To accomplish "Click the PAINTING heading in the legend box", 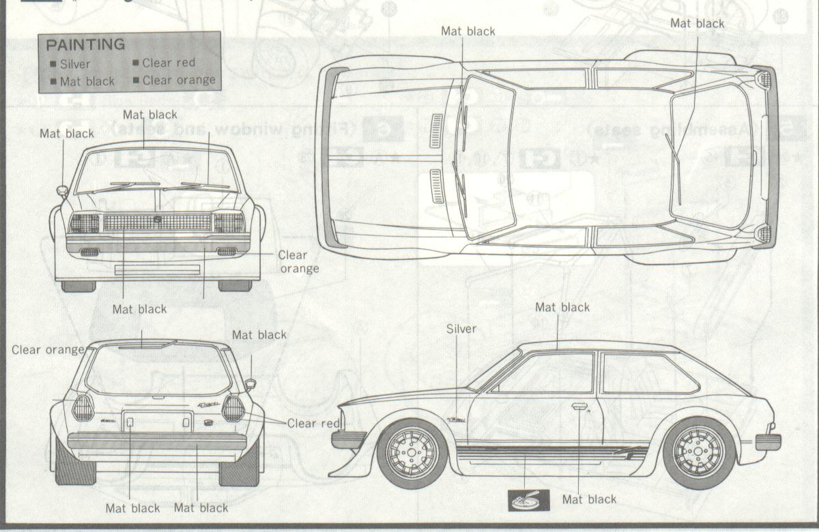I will (x=85, y=45).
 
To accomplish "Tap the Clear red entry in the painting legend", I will (x=168, y=63).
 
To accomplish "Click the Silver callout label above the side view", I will (x=461, y=329).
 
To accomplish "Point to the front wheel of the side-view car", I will (x=412, y=454).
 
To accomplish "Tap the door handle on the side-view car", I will (x=579, y=407).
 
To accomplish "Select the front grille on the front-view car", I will (x=157, y=222).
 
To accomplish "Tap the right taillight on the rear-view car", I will (x=233, y=408).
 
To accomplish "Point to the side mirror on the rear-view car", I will (x=250, y=384).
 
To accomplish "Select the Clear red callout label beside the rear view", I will (x=313, y=424).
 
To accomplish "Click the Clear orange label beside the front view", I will (x=299, y=261).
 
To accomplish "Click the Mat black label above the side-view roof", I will (x=562, y=308).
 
